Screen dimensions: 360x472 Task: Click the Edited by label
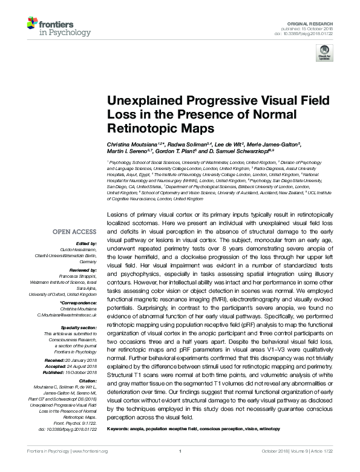[x=85, y=244]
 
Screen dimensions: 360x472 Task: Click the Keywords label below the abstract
[x=119, y=429]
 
